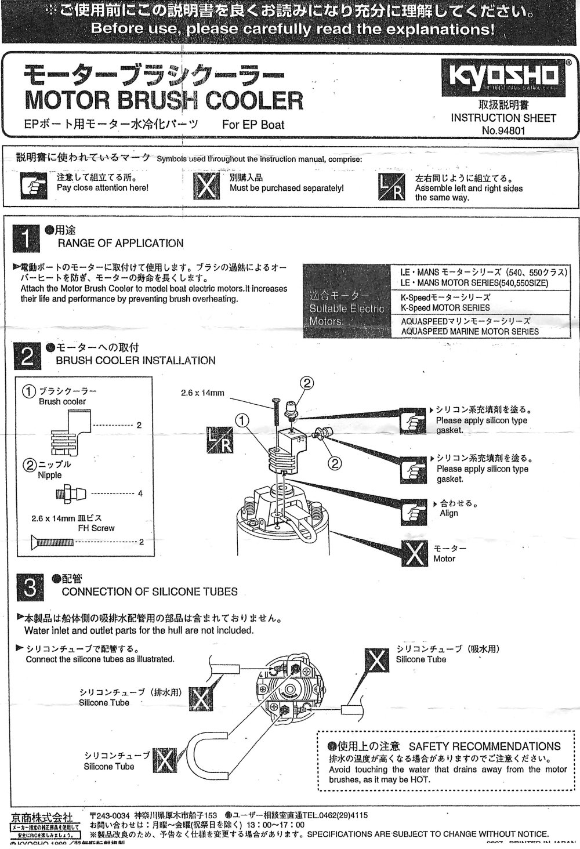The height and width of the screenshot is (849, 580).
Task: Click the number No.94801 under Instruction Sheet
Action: (x=503, y=130)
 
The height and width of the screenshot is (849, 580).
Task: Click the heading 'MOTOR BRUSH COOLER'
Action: (x=164, y=100)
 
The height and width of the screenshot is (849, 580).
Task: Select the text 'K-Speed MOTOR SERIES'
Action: (x=445, y=308)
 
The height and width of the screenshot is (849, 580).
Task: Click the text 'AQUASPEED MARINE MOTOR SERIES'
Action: (x=470, y=332)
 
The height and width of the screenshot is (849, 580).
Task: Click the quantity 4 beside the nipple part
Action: (x=140, y=494)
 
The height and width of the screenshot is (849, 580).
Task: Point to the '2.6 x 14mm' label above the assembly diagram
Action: (x=203, y=393)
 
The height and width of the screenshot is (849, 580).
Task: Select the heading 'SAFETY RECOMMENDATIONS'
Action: (x=485, y=746)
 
